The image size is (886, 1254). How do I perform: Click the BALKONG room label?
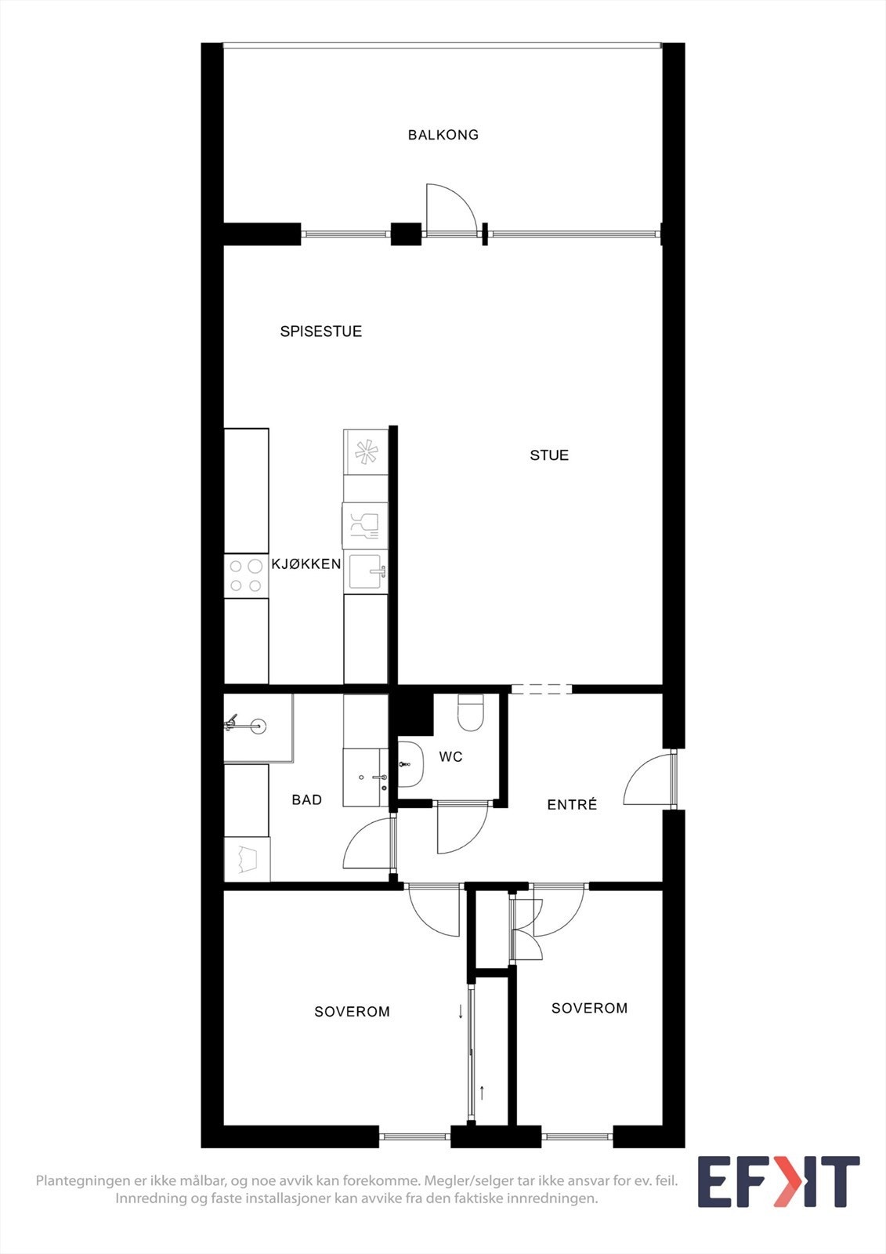pyautogui.click(x=443, y=135)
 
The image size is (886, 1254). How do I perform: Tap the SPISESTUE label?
pyautogui.click(x=321, y=332)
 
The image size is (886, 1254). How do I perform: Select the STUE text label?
pyautogui.click(x=549, y=455)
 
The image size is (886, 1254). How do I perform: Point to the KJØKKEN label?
pyautogui.click(x=306, y=564)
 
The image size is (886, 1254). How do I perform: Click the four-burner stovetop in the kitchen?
pyautogui.click(x=246, y=576)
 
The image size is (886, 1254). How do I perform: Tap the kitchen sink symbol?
pyautogui.click(x=365, y=571)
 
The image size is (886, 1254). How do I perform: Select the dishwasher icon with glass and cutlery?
pyautogui.click(x=365, y=525)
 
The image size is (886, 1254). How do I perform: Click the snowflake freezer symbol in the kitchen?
pyautogui.click(x=366, y=452)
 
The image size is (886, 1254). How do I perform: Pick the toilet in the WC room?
pyautogui.click(x=471, y=712)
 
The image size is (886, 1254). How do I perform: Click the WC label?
pyautogui.click(x=450, y=757)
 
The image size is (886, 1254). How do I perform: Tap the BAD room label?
pyautogui.click(x=306, y=800)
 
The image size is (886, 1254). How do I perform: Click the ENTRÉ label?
pyautogui.click(x=572, y=805)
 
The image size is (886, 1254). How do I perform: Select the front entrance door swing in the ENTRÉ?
pyautogui.click(x=647, y=780)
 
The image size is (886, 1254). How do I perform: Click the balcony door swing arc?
pyautogui.click(x=450, y=208)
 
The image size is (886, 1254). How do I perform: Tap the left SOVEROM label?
pyautogui.click(x=352, y=1012)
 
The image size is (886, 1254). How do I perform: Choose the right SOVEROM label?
pyautogui.click(x=589, y=1009)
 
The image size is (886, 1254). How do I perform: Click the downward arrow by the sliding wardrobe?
pyautogui.click(x=461, y=1011)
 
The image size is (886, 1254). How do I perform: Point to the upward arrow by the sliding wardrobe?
pyautogui.click(x=482, y=1092)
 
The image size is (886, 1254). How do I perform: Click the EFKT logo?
pyautogui.click(x=778, y=1182)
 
